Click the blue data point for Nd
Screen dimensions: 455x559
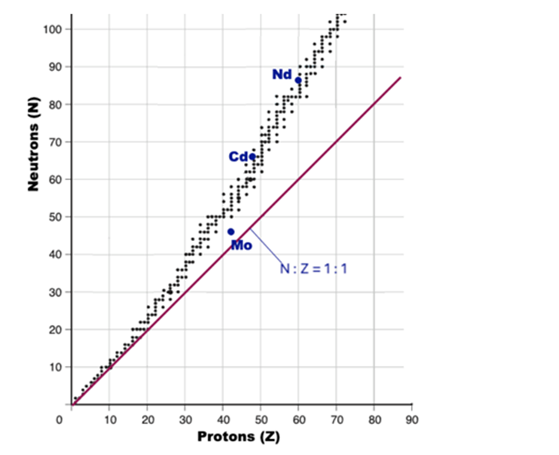pos(298,80)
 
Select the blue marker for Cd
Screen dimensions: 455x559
pos(252,157)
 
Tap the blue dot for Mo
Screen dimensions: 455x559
pos(231,232)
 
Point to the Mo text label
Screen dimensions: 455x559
pos(241,245)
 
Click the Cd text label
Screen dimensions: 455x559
pos(238,158)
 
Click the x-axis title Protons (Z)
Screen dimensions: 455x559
pos(238,436)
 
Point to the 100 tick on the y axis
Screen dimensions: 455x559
pos(55,29)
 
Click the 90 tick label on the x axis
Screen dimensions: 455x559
pos(411,418)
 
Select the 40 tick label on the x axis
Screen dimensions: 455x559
pos(223,418)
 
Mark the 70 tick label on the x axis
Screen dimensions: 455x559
pos(336,418)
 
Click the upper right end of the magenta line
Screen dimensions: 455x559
pos(400,78)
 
